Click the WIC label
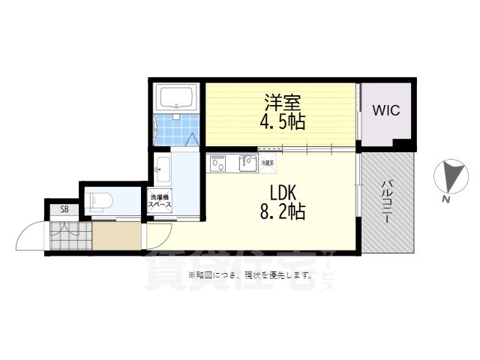(386, 110)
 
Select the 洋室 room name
(280, 100)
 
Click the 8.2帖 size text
(282, 212)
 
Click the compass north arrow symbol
(451, 177)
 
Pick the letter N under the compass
(445, 199)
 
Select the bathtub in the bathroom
(176, 97)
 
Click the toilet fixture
(101, 200)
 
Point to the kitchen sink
(247, 162)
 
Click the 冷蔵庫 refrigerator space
(267, 162)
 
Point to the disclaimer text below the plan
(250, 275)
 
